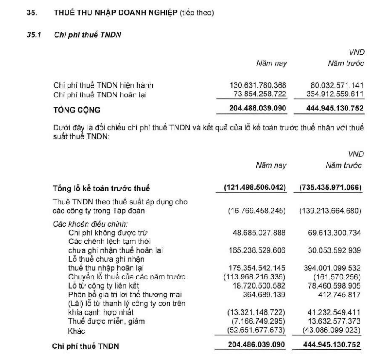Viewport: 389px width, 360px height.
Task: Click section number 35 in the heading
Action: click(32, 13)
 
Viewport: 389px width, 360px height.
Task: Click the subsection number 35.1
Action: click(34, 35)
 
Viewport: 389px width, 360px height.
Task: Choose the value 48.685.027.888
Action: click(259, 233)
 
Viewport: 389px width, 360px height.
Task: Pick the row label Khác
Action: click(77, 331)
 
